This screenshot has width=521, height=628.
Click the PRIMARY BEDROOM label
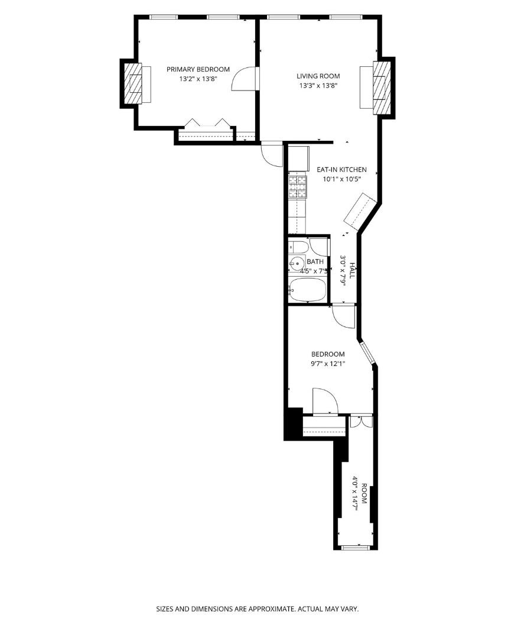pyautogui.click(x=198, y=69)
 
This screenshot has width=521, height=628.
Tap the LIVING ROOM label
pyautogui.click(x=318, y=76)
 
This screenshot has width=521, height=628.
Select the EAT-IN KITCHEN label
pyautogui.click(x=341, y=169)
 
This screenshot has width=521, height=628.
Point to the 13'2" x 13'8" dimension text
pyautogui.click(x=198, y=79)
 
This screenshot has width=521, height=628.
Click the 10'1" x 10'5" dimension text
pyautogui.click(x=342, y=179)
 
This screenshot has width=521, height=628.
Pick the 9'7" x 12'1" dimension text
pyautogui.click(x=328, y=364)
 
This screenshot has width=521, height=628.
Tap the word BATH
pyautogui.click(x=315, y=261)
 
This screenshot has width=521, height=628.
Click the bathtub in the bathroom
pyautogui.click(x=307, y=290)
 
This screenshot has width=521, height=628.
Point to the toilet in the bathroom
pyautogui.click(x=298, y=247)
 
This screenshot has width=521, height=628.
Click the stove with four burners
pyautogui.click(x=297, y=187)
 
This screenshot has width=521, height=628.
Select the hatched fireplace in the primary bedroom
pyautogui.click(x=132, y=83)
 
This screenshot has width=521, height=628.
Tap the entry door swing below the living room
pyautogui.click(x=272, y=153)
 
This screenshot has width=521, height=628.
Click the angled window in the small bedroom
pyautogui.click(x=367, y=353)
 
